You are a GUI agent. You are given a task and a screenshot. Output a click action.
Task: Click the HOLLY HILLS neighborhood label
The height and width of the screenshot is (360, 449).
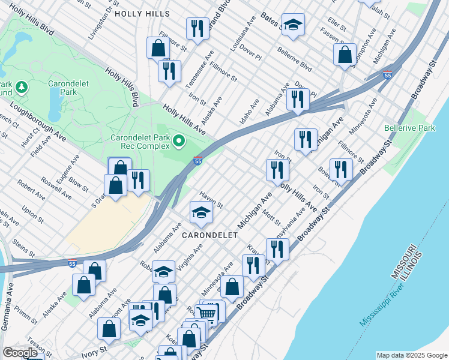(142, 13)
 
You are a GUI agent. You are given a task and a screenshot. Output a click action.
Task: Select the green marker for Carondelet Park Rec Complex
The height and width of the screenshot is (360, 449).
(178, 142)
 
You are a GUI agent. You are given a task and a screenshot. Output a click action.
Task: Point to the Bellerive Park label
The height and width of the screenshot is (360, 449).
(409, 128)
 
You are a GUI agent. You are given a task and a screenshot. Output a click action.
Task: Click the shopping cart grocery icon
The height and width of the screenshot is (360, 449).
(206, 314)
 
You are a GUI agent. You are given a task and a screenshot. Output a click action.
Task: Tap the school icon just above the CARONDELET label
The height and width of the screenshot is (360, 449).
(201, 212)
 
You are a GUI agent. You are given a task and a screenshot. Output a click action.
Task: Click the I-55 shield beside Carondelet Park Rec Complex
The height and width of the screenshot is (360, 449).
(198, 161)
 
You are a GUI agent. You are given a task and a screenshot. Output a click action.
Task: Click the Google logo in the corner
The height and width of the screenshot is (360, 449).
(20, 352)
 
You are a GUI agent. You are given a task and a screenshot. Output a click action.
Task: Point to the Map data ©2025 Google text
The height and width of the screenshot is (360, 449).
(411, 355)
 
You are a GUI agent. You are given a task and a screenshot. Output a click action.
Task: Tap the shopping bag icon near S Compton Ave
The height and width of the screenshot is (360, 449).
(345, 55)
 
